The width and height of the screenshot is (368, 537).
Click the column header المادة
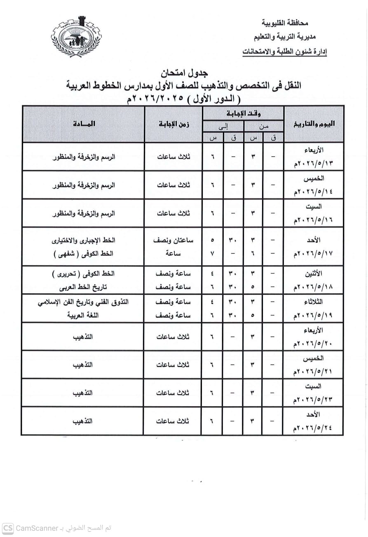click(83, 124)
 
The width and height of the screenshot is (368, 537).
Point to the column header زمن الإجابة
click(173, 124)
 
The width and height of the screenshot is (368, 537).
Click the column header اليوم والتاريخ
click(314, 124)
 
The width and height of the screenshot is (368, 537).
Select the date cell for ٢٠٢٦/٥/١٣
click(314, 157)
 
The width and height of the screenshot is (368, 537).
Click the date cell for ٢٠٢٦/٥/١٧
click(314, 246)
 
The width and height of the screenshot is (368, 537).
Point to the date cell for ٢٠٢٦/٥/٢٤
click(314, 421)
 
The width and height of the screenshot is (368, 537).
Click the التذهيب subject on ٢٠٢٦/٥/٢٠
click(83, 337)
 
